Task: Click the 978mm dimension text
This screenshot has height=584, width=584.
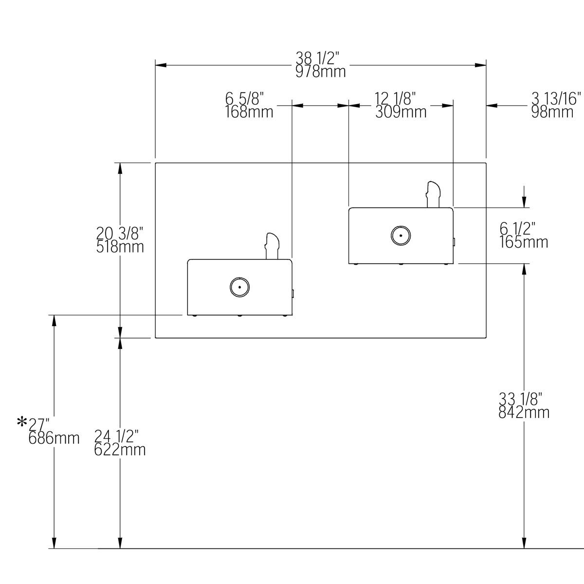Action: click(x=321, y=72)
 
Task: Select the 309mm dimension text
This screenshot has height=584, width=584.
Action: click(x=401, y=112)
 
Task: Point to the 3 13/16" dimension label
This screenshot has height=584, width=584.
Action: click(x=556, y=99)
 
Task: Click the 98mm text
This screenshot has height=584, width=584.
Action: click(x=552, y=112)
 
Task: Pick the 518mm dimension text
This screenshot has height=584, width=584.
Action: click(x=120, y=247)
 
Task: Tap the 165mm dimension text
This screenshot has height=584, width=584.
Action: click(x=524, y=242)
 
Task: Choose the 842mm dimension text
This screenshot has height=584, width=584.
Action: click(x=524, y=413)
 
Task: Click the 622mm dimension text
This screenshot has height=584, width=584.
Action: click(x=120, y=450)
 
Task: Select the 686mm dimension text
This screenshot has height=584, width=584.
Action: click(x=54, y=438)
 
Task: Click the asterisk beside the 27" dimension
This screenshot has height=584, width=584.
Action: click(x=22, y=421)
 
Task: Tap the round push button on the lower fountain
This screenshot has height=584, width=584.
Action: click(x=239, y=287)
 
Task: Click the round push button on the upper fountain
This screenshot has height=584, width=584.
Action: click(x=401, y=236)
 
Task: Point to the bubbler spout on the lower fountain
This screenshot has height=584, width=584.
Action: click(x=272, y=246)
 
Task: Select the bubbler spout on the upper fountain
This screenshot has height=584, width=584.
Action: click(x=433, y=194)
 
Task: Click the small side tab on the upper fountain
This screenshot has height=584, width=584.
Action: click(x=454, y=241)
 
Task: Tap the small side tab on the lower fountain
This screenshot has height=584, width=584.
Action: click(x=292, y=293)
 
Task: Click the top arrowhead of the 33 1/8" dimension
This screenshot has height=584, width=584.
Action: click(x=524, y=269)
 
